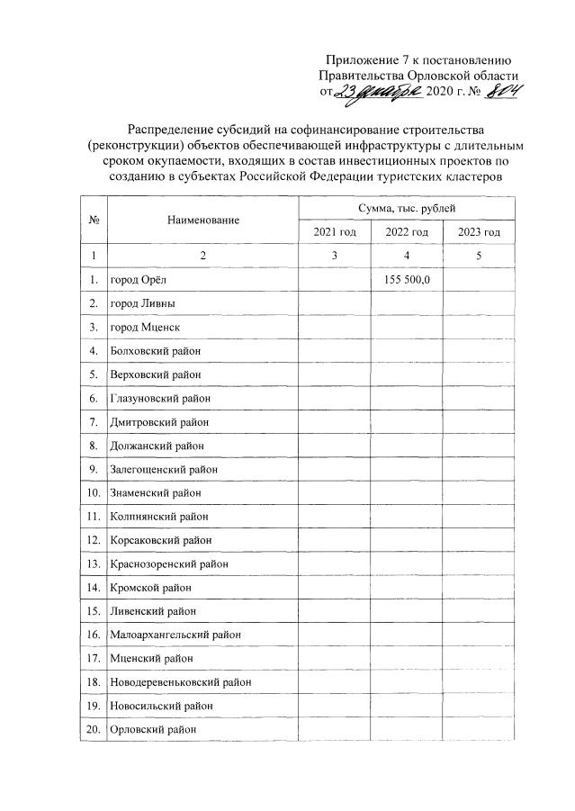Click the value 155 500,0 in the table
408,280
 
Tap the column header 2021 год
335,233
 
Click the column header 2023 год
479,233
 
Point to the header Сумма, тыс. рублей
407,208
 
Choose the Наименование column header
202,221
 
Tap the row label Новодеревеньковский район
179,682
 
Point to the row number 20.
94,729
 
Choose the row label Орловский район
153,729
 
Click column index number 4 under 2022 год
408,257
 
